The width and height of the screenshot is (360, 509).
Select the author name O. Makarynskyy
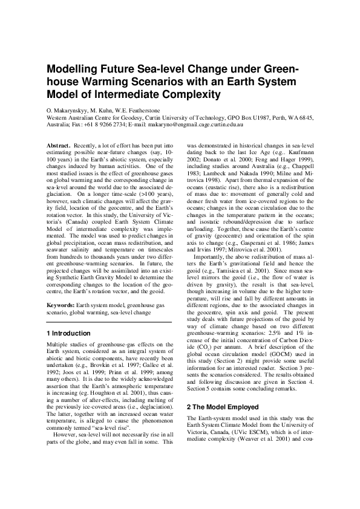[x=68, y=111]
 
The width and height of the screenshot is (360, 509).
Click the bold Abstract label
[x=58, y=146]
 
